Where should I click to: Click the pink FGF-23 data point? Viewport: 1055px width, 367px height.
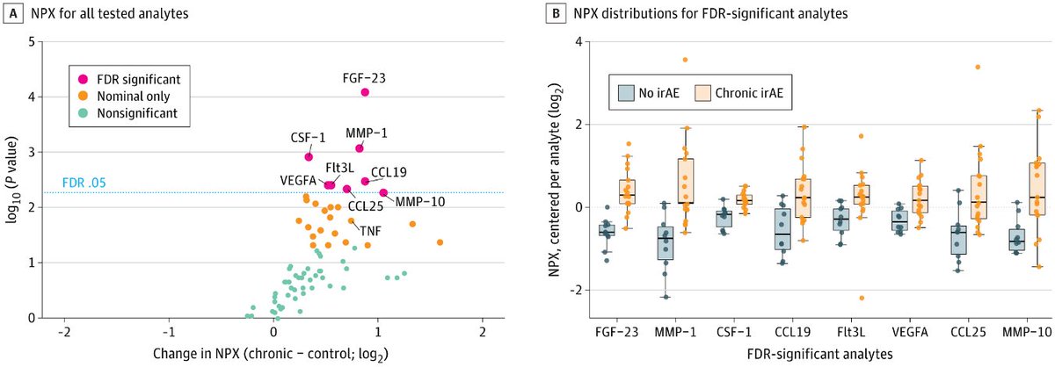pyautogui.click(x=365, y=92)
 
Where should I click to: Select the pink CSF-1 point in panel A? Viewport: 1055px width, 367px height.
pyautogui.click(x=309, y=156)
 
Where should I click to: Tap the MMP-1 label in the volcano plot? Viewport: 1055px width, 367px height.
pyautogui.click(x=367, y=133)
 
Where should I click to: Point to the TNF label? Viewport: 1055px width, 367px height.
pyautogui.click(x=371, y=231)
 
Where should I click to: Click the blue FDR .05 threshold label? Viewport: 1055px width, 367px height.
pyautogui.click(x=84, y=183)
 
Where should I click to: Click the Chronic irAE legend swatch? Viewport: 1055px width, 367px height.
pyautogui.click(x=702, y=93)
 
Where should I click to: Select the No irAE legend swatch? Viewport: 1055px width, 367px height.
pyautogui.click(x=626, y=93)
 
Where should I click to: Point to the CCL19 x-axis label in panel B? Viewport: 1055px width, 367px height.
pyautogui.click(x=793, y=332)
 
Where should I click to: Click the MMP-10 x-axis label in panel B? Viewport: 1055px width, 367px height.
pyautogui.click(x=1027, y=332)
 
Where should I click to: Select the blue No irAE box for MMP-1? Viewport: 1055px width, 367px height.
pyautogui.click(x=666, y=243)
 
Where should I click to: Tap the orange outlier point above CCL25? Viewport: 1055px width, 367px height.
pyautogui.click(x=978, y=67)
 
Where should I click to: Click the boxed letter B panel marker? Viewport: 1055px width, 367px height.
pyautogui.click(x=556, y=13)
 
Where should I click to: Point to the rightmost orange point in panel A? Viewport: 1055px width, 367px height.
pyautogui.click(x=440, y=242)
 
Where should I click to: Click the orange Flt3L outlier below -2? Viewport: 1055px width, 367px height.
pyautogui.click(x=862, y=298)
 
